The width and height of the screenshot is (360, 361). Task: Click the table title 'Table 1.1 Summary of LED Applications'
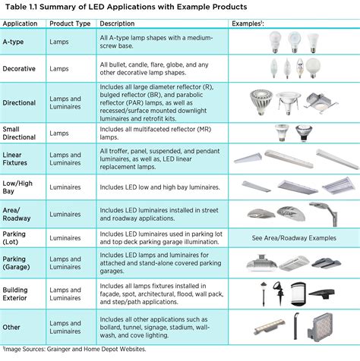[129, 7]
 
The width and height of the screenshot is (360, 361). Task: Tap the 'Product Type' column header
[71, 23]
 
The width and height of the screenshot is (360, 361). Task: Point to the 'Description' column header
[118, 23]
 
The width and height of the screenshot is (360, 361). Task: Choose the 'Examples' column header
[271, 23]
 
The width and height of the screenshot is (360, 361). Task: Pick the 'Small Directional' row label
[21, 133]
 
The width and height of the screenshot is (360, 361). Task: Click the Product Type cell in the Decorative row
[61, 68]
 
